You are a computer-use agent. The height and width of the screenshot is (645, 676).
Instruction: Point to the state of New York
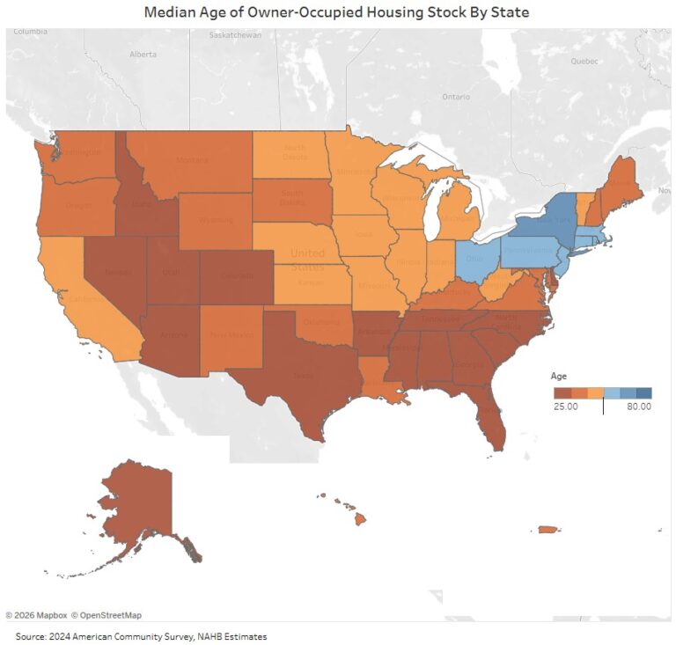(547, 221)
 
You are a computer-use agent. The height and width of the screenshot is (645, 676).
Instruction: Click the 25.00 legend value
(565, 407)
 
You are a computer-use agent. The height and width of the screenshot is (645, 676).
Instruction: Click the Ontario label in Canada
(456, 96)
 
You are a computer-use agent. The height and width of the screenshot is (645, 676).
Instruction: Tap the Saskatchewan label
(235, 35)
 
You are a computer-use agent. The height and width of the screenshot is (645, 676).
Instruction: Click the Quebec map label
(584, 62)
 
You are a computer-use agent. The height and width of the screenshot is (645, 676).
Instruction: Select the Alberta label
(143, 54)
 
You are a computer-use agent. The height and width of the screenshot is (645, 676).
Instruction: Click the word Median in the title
(173, 12)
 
